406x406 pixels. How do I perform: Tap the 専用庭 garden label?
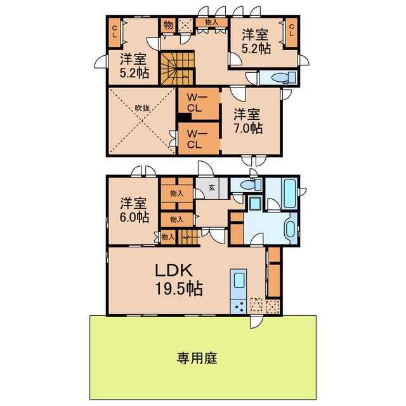(x=197, y=358)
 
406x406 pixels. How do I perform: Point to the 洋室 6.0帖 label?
(x=134, y=211)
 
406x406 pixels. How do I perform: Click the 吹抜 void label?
(x=142, y=108)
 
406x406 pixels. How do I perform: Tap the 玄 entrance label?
(x=210, y=187)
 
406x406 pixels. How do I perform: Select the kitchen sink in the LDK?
(x=240, y=280)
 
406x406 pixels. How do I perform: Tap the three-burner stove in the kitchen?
(x=241, y=306)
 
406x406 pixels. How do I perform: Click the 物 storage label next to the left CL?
(x=167, y=25)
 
